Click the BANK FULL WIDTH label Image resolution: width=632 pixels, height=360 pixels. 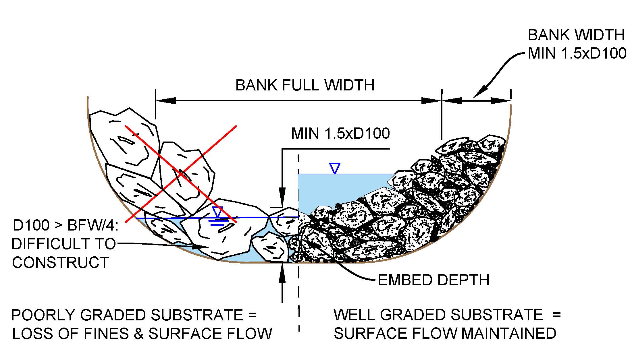coord(305,85)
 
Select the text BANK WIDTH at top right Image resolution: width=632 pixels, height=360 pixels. coord(576,35)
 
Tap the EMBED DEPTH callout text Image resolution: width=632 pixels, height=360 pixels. coord(433,280)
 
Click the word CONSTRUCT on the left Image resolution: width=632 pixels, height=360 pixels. coord(60,262)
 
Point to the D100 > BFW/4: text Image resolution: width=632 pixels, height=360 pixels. coord(65,225)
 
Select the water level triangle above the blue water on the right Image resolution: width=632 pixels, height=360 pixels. coord(335,168)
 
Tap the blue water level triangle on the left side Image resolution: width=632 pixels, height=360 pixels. coord(218,212)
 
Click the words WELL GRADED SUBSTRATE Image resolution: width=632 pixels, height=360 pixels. coord(438,315)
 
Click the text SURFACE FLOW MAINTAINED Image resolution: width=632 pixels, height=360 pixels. coord(445,334)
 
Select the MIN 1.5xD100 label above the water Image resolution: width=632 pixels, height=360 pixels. coord(340,133)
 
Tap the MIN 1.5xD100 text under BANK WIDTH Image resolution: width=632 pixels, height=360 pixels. coord(577,54)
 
